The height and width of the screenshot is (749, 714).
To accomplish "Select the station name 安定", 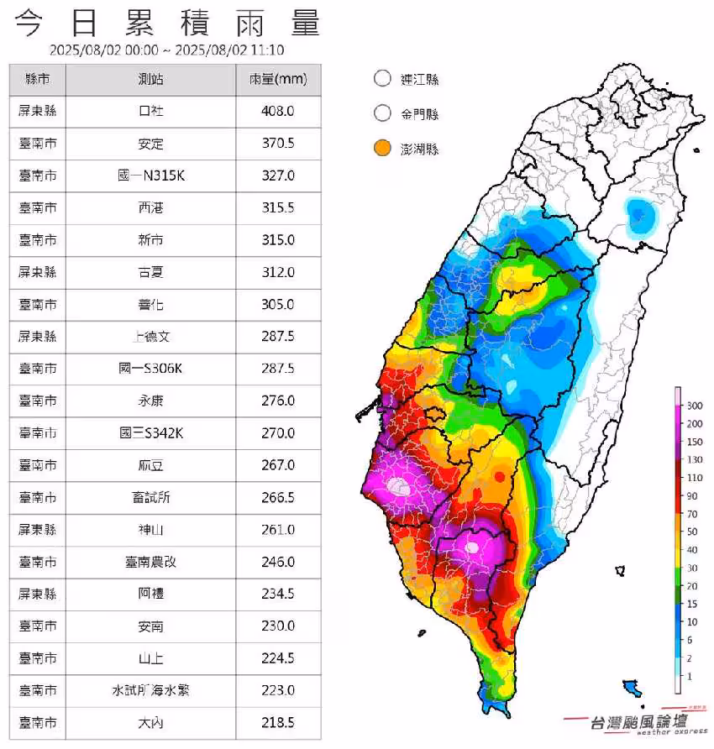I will click(151, 144).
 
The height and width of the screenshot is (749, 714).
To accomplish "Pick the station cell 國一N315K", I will click(151, 175).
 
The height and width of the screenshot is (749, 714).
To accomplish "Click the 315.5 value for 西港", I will click(278, 207).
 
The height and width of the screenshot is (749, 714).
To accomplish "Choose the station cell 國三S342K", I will click(151, 433).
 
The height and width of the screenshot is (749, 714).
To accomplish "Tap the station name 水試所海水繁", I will click(151, 690).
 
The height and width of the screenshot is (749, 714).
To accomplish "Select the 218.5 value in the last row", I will click(278, 722).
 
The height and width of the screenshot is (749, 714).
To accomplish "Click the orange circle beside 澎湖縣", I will click(382, 149).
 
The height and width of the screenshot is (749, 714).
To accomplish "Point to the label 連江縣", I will click(420, 80).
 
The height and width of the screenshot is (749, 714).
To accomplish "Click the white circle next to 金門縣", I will click(382, 113).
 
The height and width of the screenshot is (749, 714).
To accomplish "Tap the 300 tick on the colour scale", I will click(695, 406).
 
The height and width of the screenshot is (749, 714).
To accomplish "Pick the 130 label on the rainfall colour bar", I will click(695, 459).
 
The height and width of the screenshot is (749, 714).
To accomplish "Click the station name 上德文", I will click(151, 337).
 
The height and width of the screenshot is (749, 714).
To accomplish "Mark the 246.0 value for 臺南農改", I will click(278, 562).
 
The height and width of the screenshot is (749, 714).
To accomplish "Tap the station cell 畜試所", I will click(151, 497).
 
